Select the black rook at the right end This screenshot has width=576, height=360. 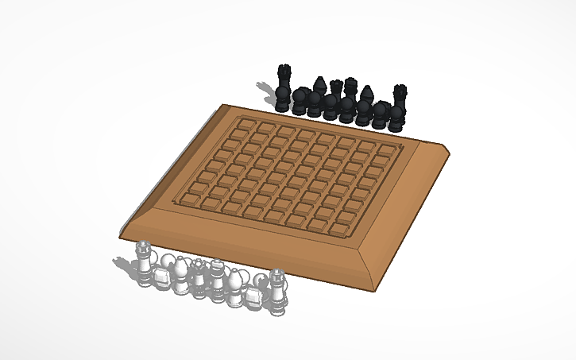[x=400, y=99]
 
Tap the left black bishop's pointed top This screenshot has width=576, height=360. [x=319, y=82]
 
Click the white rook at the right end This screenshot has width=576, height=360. [x=276, y=287]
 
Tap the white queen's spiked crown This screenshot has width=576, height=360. [x=198, y=265]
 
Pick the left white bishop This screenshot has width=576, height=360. [x=182, y=272]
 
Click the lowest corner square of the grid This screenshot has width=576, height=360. [x=339, y=230]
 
